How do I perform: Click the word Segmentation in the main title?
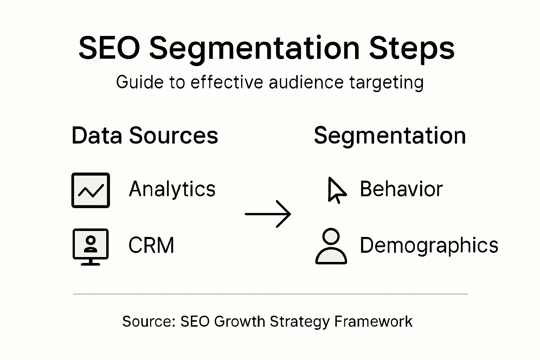tap(255, 50)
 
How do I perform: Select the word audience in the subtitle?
tap(306, 82)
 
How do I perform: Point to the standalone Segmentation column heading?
tap(390, 136)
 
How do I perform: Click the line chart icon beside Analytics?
tap(91, 190)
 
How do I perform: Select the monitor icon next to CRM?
tap(91, 247)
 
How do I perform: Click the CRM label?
tap(151, 245)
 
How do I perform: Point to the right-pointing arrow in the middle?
tap(268, 214)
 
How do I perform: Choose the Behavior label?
tap(401, 189)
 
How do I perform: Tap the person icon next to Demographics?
tap(331, 246)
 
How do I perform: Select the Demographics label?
tap(429, 246)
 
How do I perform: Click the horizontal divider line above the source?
tap(271, 294)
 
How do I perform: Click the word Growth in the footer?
tap(240, 321)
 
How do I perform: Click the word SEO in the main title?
tap(109, 48)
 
